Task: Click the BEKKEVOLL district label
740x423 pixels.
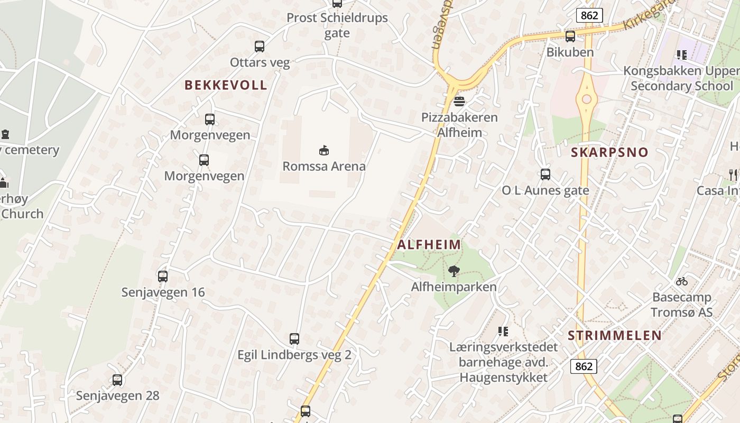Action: tap(226, 85)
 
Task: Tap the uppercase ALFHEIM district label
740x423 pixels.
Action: tap(429, 245)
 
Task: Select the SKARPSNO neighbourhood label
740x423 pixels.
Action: tap(609, 152)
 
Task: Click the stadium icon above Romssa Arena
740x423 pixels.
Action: tap(324, 150)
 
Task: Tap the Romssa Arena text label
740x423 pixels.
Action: tap(324, 167)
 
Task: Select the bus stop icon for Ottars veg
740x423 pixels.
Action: tap(260, 47)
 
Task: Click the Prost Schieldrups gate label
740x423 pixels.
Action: tap(337, 25)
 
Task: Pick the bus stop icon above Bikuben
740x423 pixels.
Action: tap(570, 36)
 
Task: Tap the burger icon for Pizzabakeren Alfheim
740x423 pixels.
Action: tap(459, 101)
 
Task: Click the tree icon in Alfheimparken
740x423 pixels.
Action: tap(454, 271)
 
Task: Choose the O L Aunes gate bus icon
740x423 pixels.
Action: tap(545, 174)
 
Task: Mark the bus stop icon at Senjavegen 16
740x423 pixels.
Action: tap(163, 276)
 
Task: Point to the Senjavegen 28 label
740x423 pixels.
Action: tap(117, 396)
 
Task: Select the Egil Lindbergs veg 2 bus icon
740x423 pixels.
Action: tap(294, 339)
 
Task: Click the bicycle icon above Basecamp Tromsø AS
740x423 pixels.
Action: tap(682, 281)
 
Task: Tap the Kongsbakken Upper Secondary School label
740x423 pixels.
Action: tap(682, 78)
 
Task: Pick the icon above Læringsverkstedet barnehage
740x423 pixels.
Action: tap(503, 332)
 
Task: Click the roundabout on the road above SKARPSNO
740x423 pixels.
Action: tap(586, 99)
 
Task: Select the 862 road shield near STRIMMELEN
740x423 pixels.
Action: tap(584, 366)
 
